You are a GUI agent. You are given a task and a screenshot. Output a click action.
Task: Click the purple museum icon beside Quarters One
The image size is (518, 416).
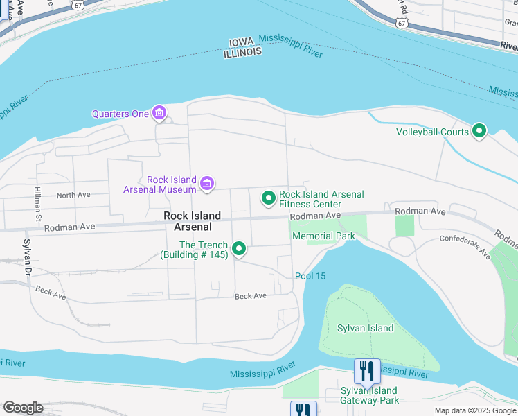tap(160, 113)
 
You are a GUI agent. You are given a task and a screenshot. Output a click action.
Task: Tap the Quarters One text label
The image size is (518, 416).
tap(120, 114)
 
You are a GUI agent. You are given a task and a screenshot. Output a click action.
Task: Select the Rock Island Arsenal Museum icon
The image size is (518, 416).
tap(206, 184)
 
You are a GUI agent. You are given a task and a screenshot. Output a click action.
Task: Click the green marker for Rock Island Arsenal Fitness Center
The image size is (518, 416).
tap(268, 199)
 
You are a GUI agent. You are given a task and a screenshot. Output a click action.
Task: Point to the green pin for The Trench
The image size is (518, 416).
tap(239, 248)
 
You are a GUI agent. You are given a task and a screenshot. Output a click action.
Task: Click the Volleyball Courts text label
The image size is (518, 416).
tap(432, 132)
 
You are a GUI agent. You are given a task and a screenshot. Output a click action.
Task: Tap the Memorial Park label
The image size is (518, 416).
tap(323, 236)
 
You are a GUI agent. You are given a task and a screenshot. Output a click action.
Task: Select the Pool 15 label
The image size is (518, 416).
tap(310, 276)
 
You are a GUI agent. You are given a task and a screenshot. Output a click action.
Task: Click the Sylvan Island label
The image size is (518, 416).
tap(365, 329)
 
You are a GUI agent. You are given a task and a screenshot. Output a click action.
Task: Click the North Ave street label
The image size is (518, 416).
tap(73, 196)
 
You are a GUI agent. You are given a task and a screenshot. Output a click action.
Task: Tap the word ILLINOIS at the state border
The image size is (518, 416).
tap(242, 52)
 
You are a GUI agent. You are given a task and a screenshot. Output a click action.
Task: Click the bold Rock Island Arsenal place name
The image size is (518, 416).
tap(192, 221)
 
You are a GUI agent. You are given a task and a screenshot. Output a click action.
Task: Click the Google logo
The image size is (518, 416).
tap(23, 408)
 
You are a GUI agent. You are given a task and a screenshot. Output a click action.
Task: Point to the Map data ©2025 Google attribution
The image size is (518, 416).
tap(474, 410)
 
